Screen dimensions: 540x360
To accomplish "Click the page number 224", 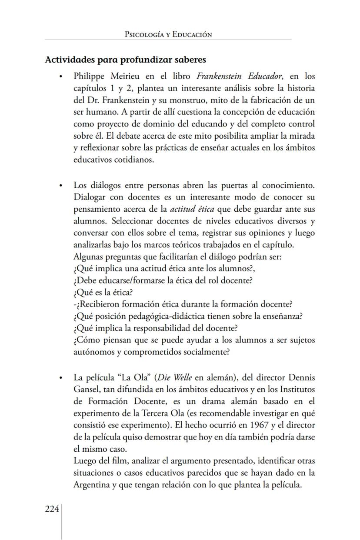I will [52, 509].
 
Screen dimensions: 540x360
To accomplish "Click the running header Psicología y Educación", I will [168, 34].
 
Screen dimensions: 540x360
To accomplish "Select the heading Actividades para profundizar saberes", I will [125, 60].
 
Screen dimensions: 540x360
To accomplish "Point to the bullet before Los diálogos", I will [61, 186].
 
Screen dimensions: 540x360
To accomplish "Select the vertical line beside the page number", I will [61, 522].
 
